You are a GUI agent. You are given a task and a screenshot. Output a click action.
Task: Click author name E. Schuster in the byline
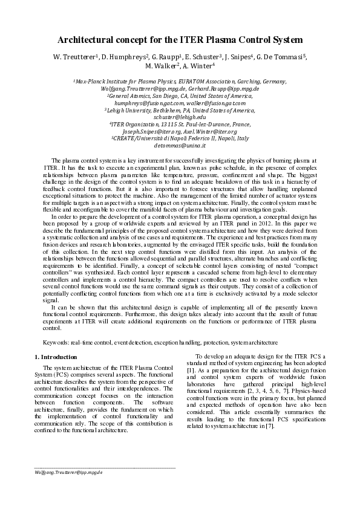pos(203,57)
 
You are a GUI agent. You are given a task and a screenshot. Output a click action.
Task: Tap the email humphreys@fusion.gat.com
pos(149,103)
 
